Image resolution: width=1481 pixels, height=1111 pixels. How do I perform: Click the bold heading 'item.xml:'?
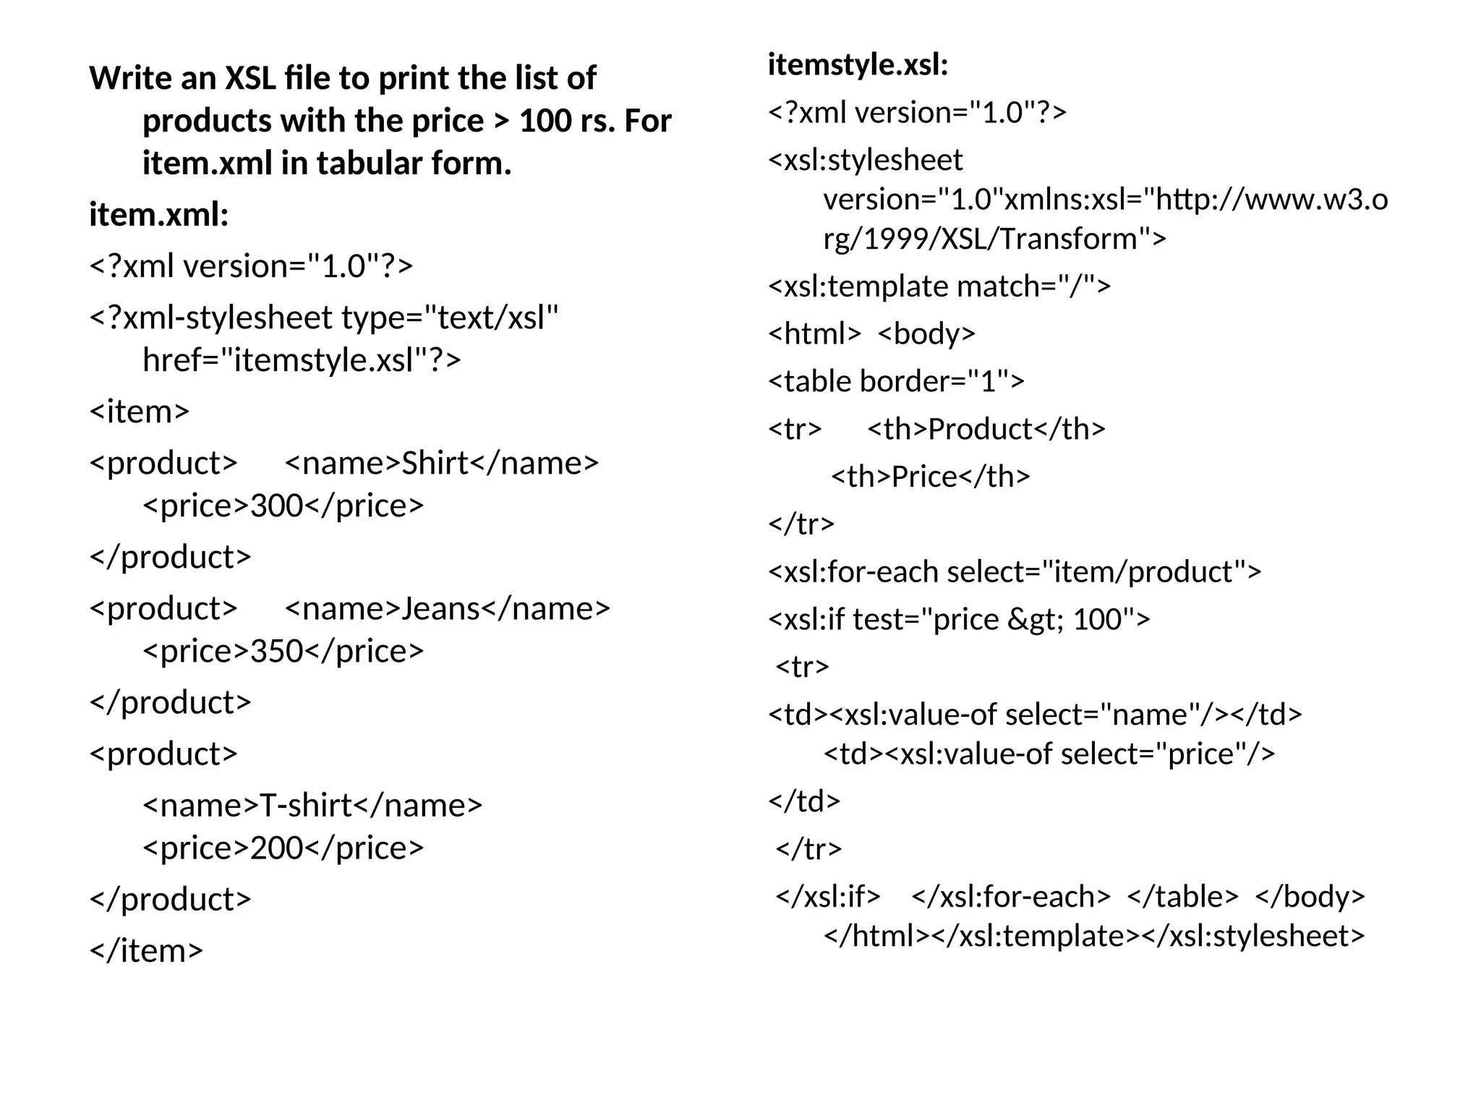(159, 214)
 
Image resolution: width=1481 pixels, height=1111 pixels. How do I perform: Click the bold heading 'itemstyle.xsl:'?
(858, 64)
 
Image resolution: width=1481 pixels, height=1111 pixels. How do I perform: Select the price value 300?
(276, 506)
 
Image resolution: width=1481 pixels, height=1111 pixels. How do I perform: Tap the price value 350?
(276, 651)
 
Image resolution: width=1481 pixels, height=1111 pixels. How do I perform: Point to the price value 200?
(276, 848)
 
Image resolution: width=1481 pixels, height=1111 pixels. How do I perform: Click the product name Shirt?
(435, 463)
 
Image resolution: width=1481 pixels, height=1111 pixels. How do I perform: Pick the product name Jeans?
(440, 608)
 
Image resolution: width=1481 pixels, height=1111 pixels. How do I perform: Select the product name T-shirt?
(305, 805)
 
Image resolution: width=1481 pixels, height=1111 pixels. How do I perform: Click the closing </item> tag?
(146, 950)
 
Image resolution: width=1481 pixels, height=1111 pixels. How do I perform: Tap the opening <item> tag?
(139, 412)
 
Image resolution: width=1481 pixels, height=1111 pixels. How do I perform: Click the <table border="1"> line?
(896, 381)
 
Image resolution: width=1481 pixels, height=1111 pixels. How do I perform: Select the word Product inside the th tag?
(980, 429)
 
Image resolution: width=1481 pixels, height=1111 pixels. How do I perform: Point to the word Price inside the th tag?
(924, 477)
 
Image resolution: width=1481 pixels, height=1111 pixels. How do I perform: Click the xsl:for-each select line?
(1014, 572)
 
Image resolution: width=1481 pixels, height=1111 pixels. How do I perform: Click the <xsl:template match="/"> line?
(939, 286)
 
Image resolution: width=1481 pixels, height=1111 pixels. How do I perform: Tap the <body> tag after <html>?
(926, 333)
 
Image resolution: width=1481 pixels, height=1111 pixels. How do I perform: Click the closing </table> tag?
(1182, 896)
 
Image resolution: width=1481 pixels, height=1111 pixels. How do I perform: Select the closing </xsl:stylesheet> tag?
(1252, 936)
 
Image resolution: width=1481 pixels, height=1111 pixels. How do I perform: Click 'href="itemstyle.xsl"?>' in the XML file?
(302, 359)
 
